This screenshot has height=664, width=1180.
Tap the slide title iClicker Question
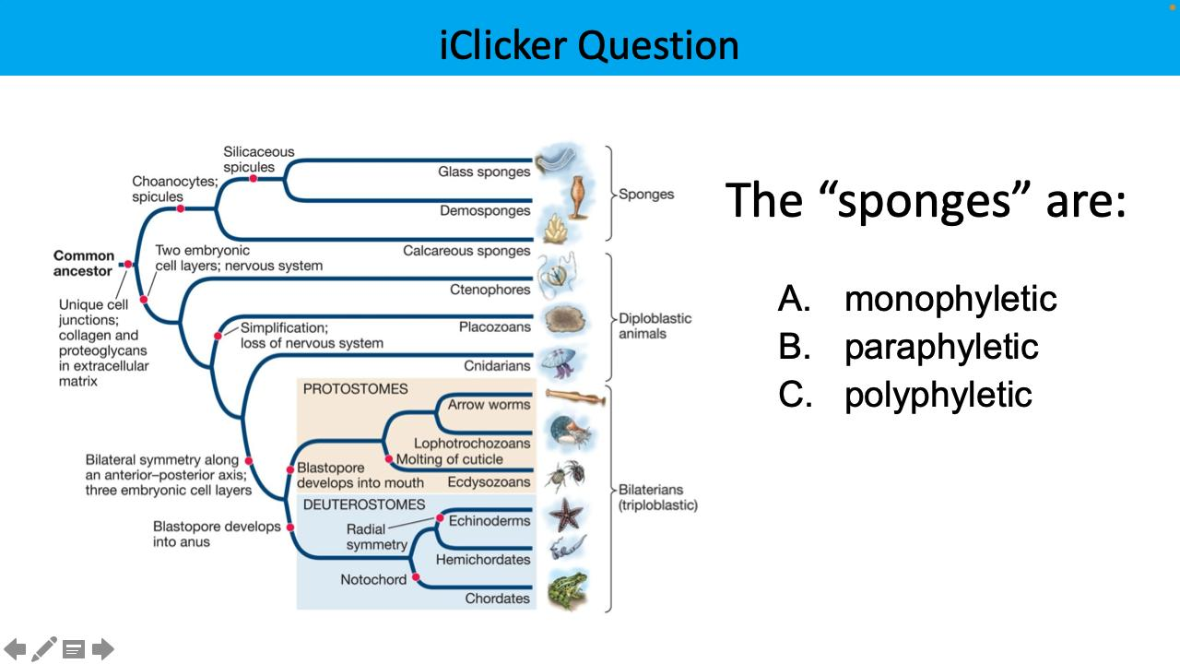pyautogui.click(x=589, y=44)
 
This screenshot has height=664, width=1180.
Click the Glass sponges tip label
pyautogui.click(x=484, y=172)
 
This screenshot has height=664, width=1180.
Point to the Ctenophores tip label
pyautogui.click(x=490, y=290)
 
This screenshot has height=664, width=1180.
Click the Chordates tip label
pyautogui.click(x=497, y=599)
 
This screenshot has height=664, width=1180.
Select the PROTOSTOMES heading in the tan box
pyautogui.click(x=355, y=389)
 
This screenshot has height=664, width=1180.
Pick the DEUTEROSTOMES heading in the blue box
pyautogui.click(x=364, y=504)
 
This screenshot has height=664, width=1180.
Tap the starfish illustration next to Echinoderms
pyautogui.click(x=564, y=514)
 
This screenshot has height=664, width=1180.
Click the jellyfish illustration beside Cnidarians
pyautogui.click(x=560, y=362)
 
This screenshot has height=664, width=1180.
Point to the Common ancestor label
pyautogui.click(x=84, y=263)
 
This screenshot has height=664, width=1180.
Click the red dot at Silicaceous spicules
pyautogui.click(x=253, y=178)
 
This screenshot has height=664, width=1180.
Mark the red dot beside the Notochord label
pyautogui.click(x=416, y=578)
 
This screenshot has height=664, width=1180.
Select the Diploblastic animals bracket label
pyautogui.click(x=655, y=326)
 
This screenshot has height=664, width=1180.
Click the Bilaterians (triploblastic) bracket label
pyautogui.click(x=657, y=498)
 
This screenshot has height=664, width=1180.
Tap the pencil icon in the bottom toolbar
pyautogui.click(x=44, y=649)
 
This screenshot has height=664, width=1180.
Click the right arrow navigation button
pyautogui.click(x=103, y=649)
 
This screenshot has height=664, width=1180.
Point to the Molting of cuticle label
pyautogui.click(x=449, y=459)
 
